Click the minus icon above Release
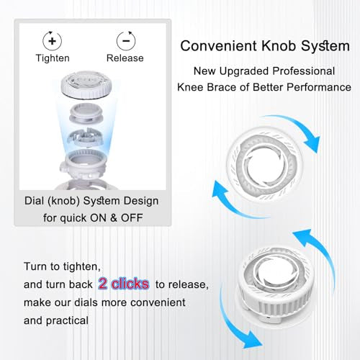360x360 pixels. tap(125, 40)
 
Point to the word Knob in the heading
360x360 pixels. tap(274, 46)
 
